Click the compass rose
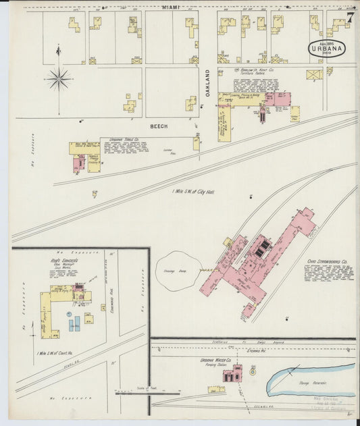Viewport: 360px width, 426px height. pyautogui.click(x=59, y=79)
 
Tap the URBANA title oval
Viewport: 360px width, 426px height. pyautogui.click(x=327, y=49)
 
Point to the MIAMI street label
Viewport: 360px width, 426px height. pyautogui.click(x=174, y=7)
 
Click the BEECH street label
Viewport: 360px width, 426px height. pyautogui.click(x=158, y=126)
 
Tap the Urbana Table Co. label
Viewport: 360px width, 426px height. pyautogui.click(x=116, y=140)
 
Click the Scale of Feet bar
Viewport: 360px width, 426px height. pyautogui.click(x=148, y=393)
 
